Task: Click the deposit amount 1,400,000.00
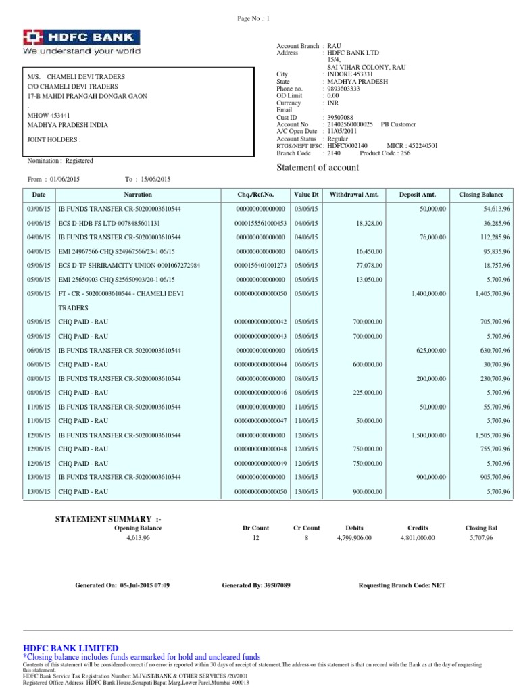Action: point(425,294)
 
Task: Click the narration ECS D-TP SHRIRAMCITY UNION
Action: point(129,265)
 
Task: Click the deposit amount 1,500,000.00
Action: point(425,435)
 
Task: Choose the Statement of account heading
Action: point(318,168)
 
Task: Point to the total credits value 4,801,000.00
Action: point(418,537)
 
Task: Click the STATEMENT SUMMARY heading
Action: point(108,519)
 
